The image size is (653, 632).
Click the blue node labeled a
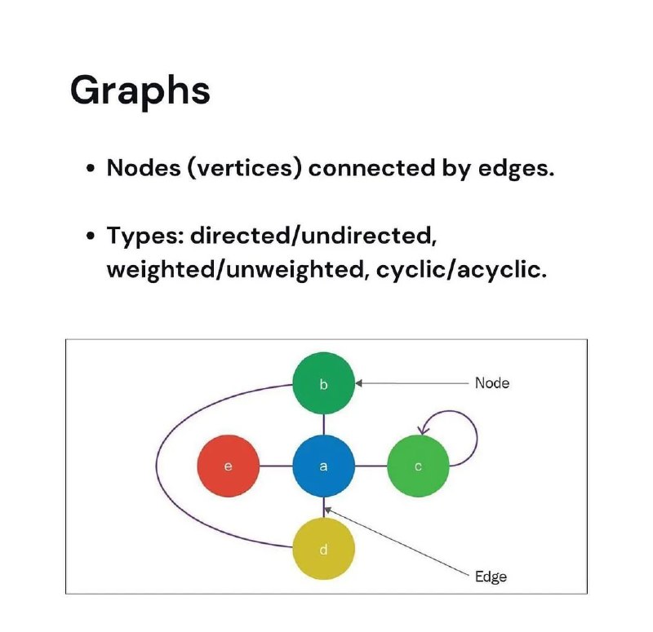pyautogui.click(x=323, y=466)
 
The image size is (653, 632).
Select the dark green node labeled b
pyautogui.click(x=323, y=383)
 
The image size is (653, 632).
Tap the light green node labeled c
pyautogui.click(x=418, y=466)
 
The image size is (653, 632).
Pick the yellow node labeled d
pyautogui.click(x=323, y=549)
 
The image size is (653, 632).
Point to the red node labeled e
pyautogui.click(x=229, y=466)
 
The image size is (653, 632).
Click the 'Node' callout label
pyautogui.click(x=492, y=383)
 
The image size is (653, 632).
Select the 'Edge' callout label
pyautogui.click(x=491, y=577)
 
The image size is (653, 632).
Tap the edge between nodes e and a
pyautogui.click(x=276, y=466)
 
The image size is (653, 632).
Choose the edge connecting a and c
pyautogui.click(x=371, y=466)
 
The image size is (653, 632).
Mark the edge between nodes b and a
pyautogui.click(x=323, y=425)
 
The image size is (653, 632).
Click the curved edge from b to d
pyautogui.click(x=157, y=466)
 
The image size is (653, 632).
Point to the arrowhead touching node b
pyautogui.click(x=358, y=383)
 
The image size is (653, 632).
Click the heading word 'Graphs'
pyautogui.click(x=140, y=91)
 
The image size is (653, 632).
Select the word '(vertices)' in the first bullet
pyautogui.click(x=244, y=168)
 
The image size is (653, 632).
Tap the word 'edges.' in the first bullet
pyautogui.click(x=516, y=169)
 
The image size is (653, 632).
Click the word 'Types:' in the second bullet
pyautogui.click(x=145, y=236)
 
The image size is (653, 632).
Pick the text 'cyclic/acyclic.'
pyautogui.click(x=461, y=271)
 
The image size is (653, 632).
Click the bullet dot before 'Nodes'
pyautogui.click(x=91, y=168)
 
